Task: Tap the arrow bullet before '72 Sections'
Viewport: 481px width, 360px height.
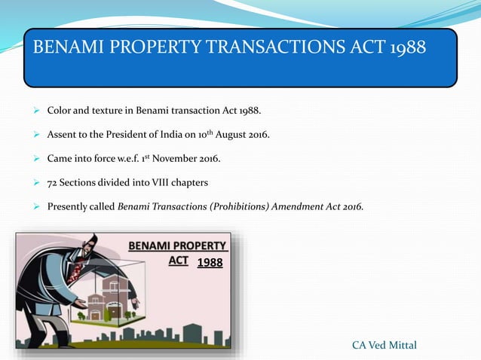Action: tap(36, 182)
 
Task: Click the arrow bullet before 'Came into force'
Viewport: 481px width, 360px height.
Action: tap(36, 159)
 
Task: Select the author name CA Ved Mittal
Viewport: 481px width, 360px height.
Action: tap(384, 345)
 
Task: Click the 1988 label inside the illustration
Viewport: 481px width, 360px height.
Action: tap(209, 263)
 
